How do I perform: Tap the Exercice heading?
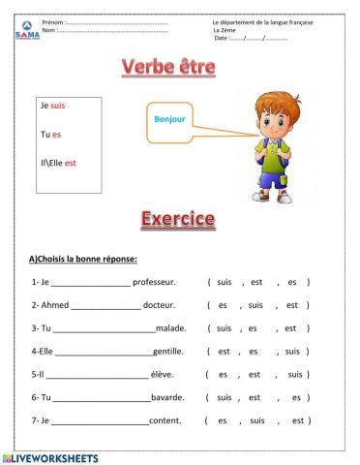click(x=178, y=218)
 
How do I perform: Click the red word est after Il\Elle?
click(x=70, y=162)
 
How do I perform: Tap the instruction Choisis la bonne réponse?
click(x=85, y=259)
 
